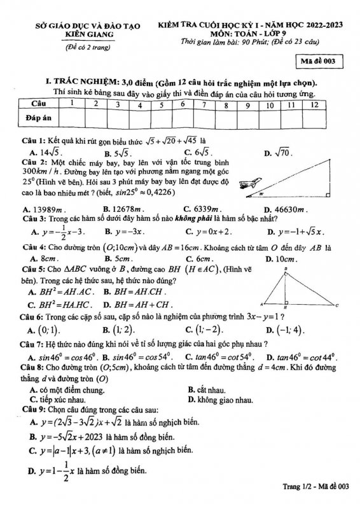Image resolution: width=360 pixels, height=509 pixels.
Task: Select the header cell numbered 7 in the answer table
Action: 204,104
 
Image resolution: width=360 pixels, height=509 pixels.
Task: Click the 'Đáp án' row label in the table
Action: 38,118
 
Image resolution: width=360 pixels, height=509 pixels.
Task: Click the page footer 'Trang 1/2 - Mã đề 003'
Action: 315,487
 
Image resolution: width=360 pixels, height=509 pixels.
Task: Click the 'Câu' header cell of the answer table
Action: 38,104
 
